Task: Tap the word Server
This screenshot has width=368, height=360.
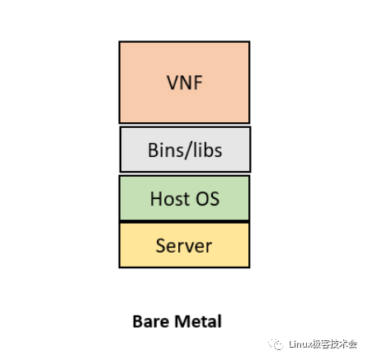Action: tap(184, 245)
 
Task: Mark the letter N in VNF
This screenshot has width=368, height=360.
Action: tap(184, 83)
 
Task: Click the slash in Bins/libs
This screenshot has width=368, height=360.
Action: tap(186, 150)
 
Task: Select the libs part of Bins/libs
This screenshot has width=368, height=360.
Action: tap(205, 150)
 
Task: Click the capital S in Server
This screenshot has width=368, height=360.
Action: tap(161, 245)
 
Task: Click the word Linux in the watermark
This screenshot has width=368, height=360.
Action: tap(300, 344)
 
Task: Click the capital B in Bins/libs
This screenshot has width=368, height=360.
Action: tap(153, 150)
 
